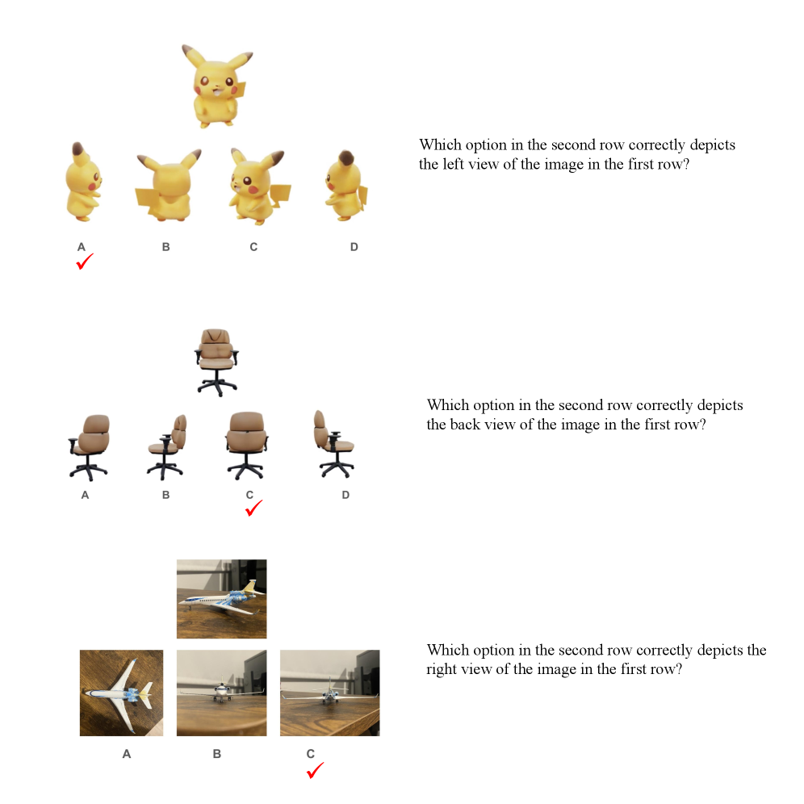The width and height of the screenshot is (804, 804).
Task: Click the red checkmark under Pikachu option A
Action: click(85, 262)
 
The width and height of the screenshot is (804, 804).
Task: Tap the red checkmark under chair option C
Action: click(253, 508)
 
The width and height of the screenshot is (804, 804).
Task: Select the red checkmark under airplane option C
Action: click(315, 770)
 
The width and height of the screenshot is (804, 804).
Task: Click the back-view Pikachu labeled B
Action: click(168, 185)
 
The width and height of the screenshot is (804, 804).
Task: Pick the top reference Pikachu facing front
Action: click(218, 86)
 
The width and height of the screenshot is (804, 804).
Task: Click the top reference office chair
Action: click(217, 362)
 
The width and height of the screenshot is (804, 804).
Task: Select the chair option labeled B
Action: click(166, 447)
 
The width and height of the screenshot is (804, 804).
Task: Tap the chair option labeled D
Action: click(334, 445)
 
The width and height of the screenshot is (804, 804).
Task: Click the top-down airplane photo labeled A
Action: click(122, 693)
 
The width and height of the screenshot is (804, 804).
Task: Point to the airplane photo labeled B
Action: click(221, 693)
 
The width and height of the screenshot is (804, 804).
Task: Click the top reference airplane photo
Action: click(221, 599)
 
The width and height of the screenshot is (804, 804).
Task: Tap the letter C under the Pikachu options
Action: click(253, 247)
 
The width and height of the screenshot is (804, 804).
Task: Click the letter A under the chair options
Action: click(85, 496)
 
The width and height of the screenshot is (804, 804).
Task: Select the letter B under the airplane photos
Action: click(217, 754)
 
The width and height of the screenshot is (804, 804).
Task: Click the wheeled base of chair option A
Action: click(88, 470)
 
